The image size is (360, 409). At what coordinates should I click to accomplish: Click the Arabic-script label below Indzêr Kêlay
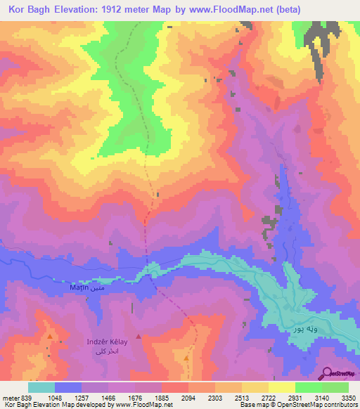[105, 350]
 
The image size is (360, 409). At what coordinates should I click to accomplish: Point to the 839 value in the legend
[22, 398]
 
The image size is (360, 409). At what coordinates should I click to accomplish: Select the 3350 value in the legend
[349, 398]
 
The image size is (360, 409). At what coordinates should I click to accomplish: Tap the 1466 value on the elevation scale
[109, 398]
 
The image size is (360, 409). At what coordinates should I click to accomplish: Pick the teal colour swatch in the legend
[41, 387]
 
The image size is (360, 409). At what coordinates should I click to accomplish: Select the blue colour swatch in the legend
[68, 387]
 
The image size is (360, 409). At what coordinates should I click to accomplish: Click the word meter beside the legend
[9, 398]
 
